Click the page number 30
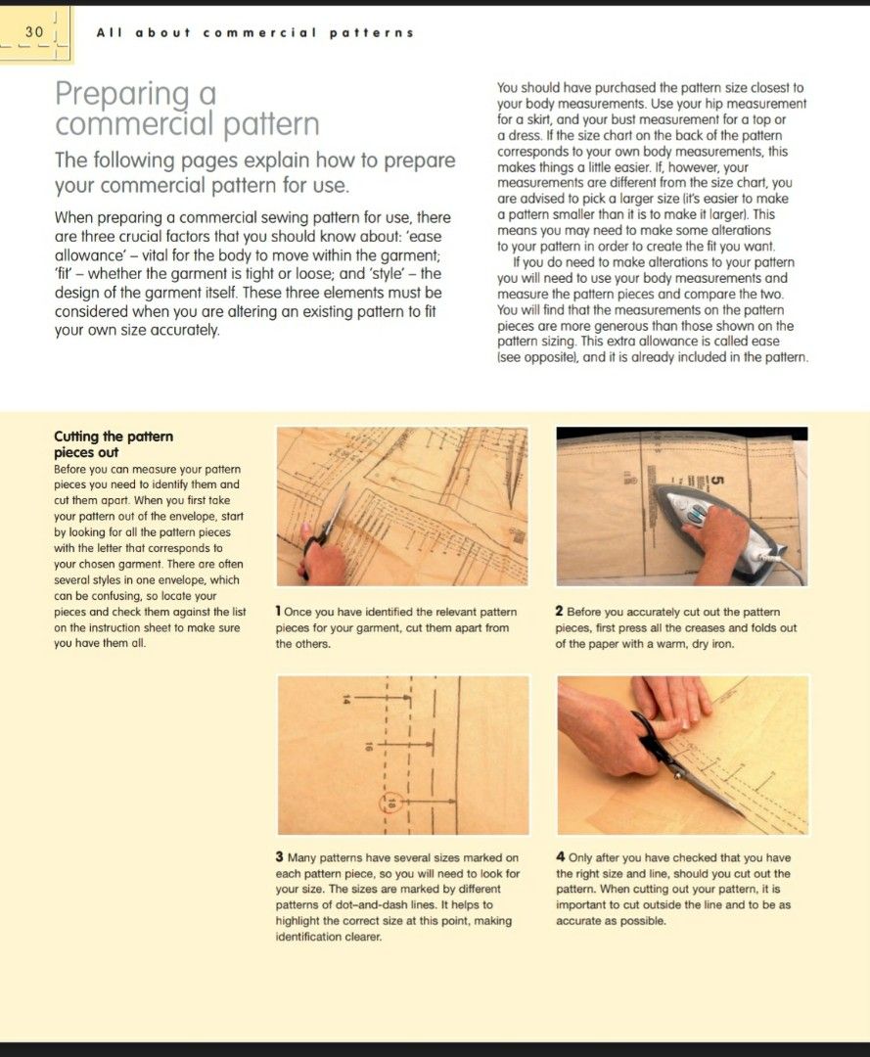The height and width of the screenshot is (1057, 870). click(34, 32)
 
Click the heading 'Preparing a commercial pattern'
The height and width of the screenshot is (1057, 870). click(187, 110)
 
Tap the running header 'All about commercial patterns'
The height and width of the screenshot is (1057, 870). click(254, 32)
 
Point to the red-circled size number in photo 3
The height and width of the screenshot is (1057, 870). click(394, 804)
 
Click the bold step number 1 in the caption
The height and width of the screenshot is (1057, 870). click(279, 612)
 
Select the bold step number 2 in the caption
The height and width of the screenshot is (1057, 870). click(559, 612)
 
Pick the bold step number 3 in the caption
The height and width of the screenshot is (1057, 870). click(279, 857)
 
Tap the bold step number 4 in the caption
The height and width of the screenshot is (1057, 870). click(560, 857)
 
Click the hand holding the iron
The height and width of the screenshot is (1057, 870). click(724, 535)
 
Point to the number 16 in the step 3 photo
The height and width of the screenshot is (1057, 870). click(369, 747)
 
